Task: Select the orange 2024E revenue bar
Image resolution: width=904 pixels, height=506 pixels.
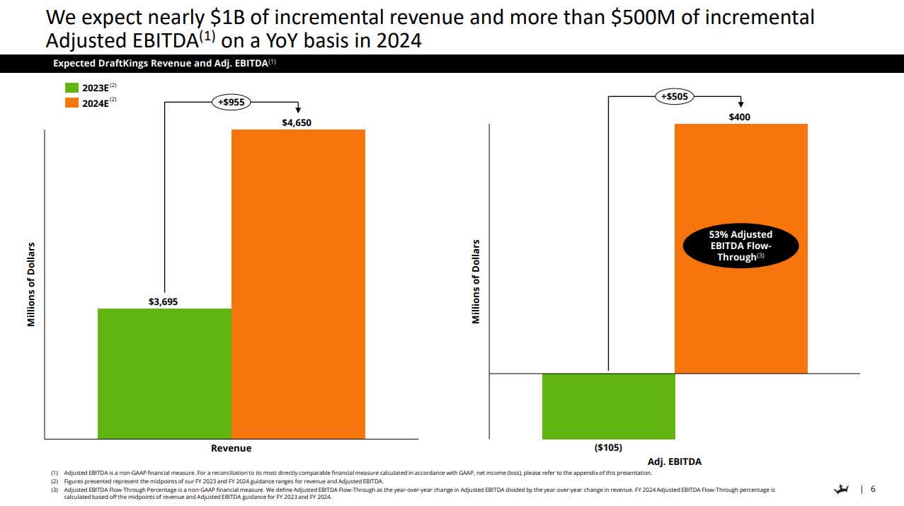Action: point(298,284)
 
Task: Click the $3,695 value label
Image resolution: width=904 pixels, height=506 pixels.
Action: point(163,301)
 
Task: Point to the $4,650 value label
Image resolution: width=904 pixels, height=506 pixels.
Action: point(297,122)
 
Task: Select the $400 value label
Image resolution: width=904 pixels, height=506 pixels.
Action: point(740,117)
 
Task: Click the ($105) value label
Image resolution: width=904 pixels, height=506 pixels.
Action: point(608,447)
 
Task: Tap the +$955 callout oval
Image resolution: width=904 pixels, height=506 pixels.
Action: point(231,102)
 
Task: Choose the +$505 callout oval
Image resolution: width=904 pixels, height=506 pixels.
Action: point(675,96)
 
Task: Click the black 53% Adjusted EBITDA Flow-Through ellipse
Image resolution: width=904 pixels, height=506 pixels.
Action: point(740,246)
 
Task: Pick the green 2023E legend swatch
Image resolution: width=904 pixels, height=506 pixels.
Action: point(72,88)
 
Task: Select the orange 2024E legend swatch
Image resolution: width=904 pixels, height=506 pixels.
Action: point(72,102)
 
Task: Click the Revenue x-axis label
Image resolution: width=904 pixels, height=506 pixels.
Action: point(231,448)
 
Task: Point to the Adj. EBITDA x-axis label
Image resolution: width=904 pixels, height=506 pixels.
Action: point(674,461)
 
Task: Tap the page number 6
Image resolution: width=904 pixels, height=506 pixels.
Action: point(873,489)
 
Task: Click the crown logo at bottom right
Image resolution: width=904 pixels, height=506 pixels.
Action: point(842,489)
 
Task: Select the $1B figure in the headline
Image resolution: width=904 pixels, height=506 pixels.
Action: point(233,16)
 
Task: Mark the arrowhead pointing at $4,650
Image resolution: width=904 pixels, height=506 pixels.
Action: point(298,110)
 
